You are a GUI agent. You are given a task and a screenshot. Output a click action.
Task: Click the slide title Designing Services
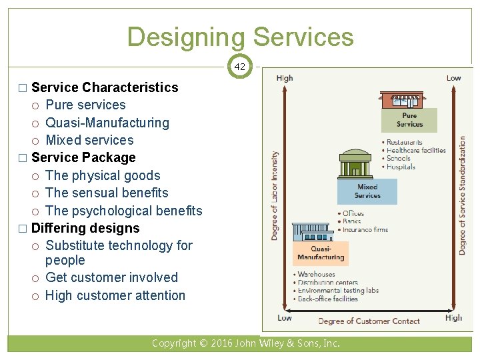tap(240, 37)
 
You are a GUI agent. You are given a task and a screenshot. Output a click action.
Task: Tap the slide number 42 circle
tap(240, 67)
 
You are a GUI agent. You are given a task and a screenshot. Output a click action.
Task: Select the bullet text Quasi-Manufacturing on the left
tap(107, 123)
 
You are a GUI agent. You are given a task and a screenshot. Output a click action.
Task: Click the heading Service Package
tap(83, 157)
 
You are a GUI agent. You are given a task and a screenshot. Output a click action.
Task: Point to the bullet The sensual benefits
tap(107, 193)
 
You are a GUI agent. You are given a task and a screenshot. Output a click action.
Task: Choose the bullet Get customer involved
tap(111, 277)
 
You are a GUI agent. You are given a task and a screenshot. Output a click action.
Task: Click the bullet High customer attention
tap(115, 295)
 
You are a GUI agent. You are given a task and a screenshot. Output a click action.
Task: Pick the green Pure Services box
tap(409, 120)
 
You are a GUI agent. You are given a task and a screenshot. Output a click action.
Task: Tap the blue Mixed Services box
tap(367, 191)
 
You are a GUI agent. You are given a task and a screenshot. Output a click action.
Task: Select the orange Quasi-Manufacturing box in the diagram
tap(321, 253)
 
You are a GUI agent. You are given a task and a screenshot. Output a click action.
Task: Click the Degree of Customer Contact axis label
tap(369, 321)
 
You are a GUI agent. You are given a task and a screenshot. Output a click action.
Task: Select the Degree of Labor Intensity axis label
tap(275, 195)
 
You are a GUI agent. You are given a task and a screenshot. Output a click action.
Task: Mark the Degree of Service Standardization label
tap(463, 195)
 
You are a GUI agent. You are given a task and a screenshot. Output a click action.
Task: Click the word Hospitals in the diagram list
tap(401, 167)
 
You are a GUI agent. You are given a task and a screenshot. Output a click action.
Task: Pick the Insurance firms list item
tap(365, 230)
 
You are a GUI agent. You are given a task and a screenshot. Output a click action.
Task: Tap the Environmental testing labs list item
tap(338, 291)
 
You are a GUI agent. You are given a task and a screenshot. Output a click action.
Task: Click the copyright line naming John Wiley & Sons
tap(245, 344)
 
